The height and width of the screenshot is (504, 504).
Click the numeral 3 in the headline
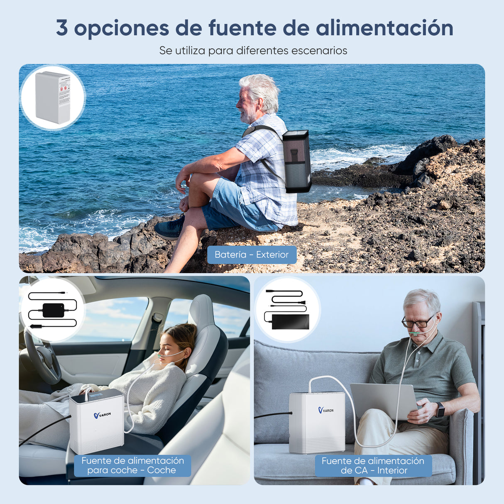pos(62,28)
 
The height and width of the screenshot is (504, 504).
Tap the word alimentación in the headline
pos(384,28)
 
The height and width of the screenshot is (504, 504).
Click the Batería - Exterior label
pos(252,254)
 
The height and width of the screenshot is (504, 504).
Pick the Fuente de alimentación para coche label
pos(132,465)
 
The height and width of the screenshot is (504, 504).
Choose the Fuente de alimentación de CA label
pos(373,465)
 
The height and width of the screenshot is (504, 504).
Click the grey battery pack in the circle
pos(53,97)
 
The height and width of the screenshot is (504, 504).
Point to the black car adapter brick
pos(53,310)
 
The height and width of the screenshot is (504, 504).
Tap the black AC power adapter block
pos(290,322)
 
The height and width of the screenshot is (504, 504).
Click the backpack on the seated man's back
pos(297,161)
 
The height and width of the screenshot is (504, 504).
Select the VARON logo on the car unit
pos(102,415)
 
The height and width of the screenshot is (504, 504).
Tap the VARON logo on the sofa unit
pos(326,410)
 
